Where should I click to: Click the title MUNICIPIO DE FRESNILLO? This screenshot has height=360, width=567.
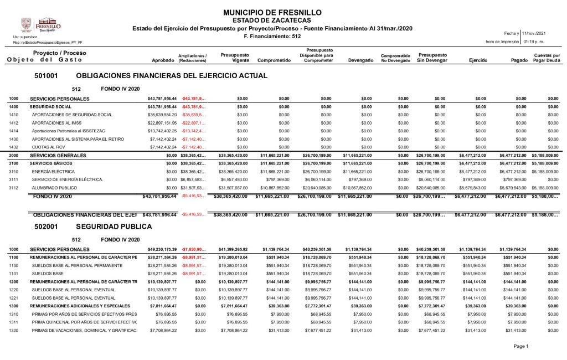coord(271,12)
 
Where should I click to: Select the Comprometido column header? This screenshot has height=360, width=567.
coord(274,60)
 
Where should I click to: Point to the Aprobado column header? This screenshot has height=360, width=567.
coord(163,60)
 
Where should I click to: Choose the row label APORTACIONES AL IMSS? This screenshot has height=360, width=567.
coord(58,122)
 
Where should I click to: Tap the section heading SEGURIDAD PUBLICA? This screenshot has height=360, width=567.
coord(114,227)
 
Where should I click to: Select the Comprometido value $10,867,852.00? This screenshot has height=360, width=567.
coord(275,188)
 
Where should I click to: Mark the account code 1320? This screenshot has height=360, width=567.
coord(14,331)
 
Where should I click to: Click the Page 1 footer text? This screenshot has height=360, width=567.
coord(521,346)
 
